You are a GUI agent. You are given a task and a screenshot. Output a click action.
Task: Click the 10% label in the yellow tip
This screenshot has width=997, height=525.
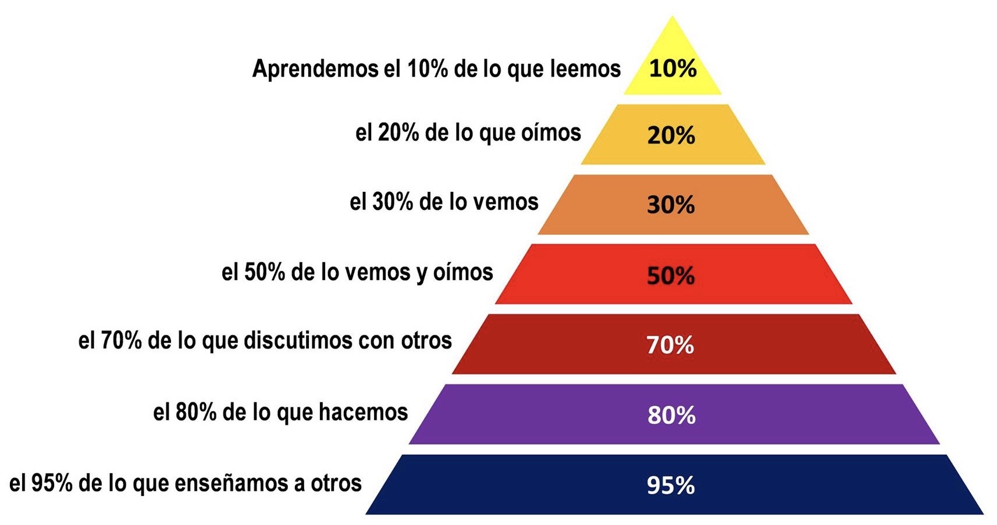672,69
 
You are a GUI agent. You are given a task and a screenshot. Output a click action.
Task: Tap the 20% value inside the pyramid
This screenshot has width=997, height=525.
671,135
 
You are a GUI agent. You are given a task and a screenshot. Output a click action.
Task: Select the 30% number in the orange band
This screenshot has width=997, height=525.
671,205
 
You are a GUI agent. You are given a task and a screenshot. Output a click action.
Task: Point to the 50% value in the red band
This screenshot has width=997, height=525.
671,275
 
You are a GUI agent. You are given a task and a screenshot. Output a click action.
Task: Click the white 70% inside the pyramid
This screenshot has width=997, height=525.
670,345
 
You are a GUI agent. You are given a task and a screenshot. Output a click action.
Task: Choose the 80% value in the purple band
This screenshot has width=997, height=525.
671,416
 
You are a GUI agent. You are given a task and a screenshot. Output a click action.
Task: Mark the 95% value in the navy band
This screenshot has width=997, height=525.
671,485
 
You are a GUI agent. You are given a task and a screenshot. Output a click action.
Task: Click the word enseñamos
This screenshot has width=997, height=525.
231,483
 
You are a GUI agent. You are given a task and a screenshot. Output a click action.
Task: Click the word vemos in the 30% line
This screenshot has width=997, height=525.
505,202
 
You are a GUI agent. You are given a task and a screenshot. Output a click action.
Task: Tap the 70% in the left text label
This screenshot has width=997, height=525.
121,340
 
